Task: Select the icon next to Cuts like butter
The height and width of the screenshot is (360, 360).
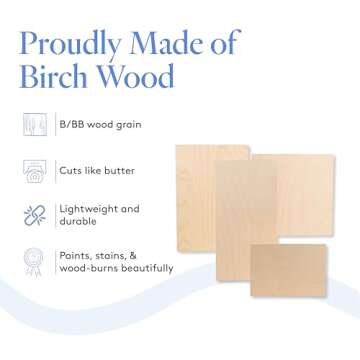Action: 34,170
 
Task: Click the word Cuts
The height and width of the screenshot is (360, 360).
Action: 72,171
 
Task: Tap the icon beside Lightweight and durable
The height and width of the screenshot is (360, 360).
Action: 34,215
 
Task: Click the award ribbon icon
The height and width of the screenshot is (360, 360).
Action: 34,261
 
